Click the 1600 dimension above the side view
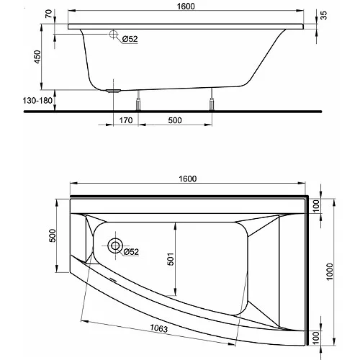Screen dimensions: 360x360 click(186, 6)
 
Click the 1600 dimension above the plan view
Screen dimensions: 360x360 click(188, 179)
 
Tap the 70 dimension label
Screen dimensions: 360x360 click(48, 14)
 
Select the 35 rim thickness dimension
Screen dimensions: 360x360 click(323, 15)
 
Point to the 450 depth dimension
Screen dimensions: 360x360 click(37, 57)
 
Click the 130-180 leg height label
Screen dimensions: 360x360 click(37, 101)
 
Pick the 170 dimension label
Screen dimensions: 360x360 click(126, 120)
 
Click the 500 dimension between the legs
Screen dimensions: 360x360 click(175, 120)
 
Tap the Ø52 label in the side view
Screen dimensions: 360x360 click(130, 39)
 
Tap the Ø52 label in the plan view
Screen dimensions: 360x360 click(131, 252)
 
